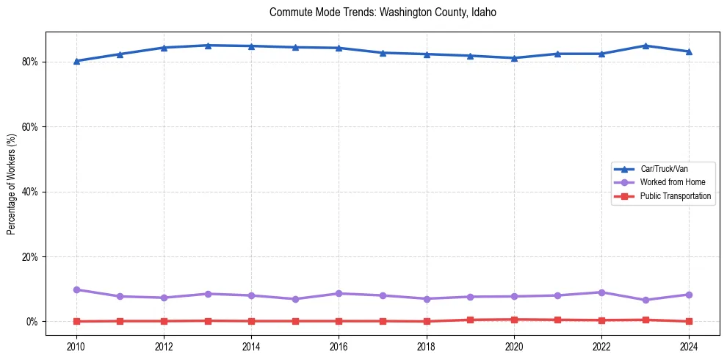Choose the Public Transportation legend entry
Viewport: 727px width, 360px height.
[675, 196]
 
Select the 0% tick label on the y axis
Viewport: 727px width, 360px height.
[32, 322]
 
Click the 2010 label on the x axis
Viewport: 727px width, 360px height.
[76, 345]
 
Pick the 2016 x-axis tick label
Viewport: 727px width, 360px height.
[339, 345]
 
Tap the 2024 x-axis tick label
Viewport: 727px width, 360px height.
[689, 345]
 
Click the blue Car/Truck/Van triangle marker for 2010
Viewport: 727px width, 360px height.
[76, 61]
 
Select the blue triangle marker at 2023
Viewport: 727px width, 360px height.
[645, 46]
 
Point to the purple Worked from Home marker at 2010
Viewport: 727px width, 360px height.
[76, 290]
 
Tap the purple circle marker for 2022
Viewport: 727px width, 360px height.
[601, 292]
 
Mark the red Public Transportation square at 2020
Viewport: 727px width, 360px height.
[514, 320]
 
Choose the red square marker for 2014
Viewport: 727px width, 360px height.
[251, 321]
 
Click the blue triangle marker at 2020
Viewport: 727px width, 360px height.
[514, 58]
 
